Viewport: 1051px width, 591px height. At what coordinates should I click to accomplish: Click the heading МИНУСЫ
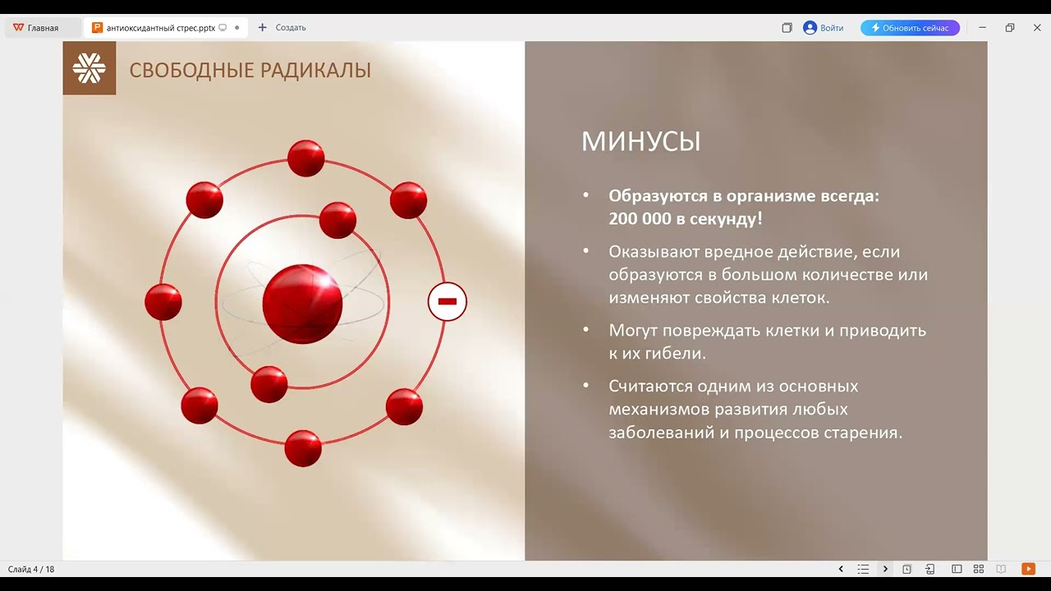640,141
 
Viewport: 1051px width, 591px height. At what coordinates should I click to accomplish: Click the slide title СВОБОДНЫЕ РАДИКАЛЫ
250,70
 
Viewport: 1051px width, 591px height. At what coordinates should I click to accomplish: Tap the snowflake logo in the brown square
89,68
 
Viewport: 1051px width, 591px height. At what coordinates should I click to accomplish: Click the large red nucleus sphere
302,304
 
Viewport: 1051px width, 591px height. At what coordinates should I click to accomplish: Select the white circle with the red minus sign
447,302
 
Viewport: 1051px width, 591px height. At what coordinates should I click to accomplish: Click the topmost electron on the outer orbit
305,158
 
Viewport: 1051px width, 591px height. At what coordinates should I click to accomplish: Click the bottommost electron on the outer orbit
303,447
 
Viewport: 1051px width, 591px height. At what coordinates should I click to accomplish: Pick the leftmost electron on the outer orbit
163,301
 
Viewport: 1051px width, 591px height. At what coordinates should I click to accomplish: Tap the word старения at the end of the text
861,432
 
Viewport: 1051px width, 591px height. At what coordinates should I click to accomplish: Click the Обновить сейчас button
910,28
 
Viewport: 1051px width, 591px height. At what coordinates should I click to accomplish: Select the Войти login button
824,28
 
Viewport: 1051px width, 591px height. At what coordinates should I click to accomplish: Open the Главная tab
36,28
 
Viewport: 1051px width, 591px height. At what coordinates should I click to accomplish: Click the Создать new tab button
282,28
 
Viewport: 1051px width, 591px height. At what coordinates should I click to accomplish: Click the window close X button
1037,28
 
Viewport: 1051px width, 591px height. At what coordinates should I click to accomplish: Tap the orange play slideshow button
1028,569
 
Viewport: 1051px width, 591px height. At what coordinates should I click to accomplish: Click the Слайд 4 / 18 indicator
31,569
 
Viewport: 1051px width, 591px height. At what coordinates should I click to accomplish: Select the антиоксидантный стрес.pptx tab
160,28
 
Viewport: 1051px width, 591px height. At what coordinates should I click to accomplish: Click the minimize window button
982,28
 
